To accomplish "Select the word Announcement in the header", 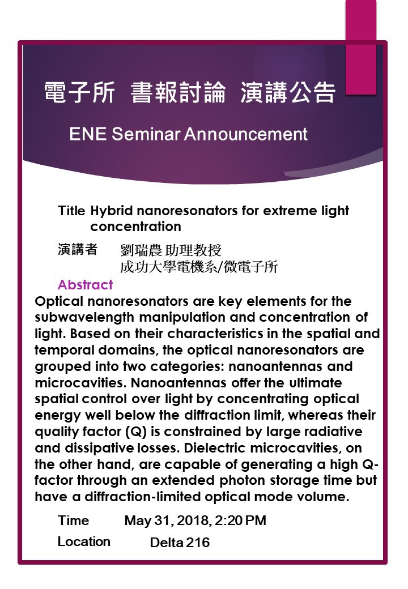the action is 246,134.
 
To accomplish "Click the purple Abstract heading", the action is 85,285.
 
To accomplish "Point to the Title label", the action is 71,211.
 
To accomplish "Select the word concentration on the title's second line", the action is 135,227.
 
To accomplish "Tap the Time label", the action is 73,520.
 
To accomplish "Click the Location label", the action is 84,541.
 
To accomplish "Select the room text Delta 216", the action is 180,543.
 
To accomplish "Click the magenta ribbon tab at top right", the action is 360,47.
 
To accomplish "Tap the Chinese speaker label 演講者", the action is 78,249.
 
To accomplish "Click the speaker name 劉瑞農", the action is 141,250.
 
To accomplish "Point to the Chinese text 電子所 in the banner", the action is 79,92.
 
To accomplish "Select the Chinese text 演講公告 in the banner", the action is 288,92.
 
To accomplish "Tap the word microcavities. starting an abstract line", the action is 81,383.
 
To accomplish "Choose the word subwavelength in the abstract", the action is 84,318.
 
